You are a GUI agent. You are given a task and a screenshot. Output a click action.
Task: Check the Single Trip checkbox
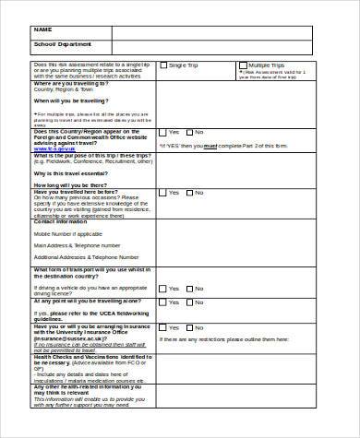tap(163, 65)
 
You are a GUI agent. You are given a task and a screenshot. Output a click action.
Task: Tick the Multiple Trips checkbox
tap(243, 65)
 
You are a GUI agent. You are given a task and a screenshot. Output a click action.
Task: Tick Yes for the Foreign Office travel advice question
tap(163, 133)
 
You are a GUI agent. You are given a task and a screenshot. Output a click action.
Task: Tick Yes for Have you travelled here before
tap(163, 193)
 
